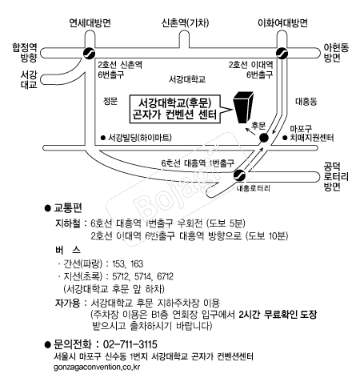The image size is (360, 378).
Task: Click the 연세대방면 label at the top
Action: pyautogui.click(x=90, y=23)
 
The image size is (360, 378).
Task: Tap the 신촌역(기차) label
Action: pyautogui.click(x=185, y=23)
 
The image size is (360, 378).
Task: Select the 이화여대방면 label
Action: pyautogui.click(x=282, y=23)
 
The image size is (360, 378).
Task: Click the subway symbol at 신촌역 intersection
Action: pyautogui.click(x=89, y=53)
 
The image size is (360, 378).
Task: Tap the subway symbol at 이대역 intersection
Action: pyautogui.click(x=282, y=53)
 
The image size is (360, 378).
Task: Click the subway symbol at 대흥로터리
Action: pyautogui.click(x=239, y=175)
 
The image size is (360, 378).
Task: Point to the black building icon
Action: pyautogui.click(x=243, y=107)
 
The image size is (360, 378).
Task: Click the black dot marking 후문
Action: pyautogui.click(x=264, y=138)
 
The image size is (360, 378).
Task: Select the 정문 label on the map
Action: pyautogui.click(x=110, y=101)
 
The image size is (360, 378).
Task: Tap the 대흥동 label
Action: pyautogui.click(x=306, y=102)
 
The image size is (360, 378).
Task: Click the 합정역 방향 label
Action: pyautogui.click(x=25, y=53)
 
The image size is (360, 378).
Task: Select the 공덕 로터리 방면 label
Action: pyautogui.click(x=336, y=177)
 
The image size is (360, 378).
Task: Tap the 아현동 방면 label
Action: pyautogui.click(x=336, y=53)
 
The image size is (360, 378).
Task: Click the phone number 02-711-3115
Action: pyautogui.click(x=130, y=344)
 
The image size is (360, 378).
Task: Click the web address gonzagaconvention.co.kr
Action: pyautogui.click(x=97, y=367)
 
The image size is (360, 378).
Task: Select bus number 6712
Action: pyautogui.click(x=165, y=276)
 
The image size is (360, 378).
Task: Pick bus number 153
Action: pyautogui.click(x=118, y=263)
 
